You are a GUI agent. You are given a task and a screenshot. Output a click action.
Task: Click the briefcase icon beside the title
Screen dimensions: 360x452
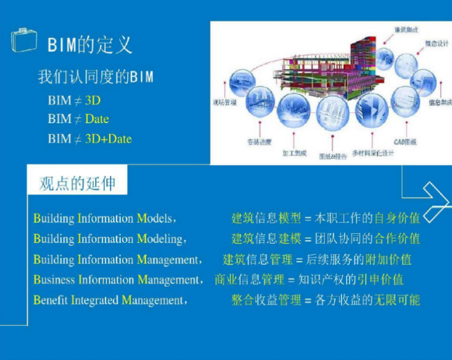tap(24, 40)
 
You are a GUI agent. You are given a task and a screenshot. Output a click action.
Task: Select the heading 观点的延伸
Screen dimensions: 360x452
tap(77, 183)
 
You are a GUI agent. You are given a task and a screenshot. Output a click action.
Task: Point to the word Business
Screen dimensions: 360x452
tap(54, 279)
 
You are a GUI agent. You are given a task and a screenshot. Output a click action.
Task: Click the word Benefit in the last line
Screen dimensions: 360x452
tap(51, 300)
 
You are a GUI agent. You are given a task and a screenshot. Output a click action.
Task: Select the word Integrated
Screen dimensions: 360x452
tap(95, 300)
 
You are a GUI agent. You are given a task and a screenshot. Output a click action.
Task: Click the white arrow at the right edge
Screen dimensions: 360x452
tap(436, 199)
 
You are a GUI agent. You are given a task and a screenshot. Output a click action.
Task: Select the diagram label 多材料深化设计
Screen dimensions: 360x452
tap(373, 154)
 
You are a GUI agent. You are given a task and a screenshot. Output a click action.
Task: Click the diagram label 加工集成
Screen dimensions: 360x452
tap(294, 154)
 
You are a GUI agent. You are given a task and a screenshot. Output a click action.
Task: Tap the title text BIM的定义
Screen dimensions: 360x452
tap(90, 44)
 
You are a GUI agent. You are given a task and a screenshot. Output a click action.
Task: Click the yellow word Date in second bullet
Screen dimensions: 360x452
tap(97, 119)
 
